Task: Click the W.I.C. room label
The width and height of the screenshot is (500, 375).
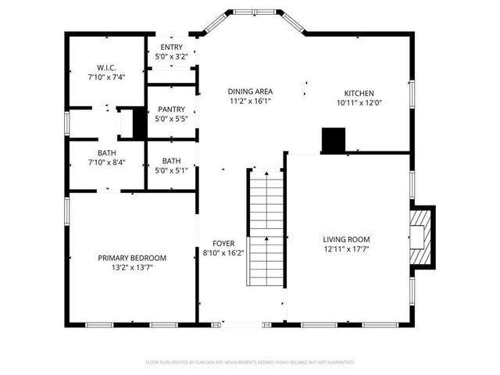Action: (x=107, y=67)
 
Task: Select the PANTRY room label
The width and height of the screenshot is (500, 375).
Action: (x=171, y=109)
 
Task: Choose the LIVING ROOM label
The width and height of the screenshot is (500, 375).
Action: (x=346, y=240)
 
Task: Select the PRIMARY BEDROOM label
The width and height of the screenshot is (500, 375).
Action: (x=132, y=258)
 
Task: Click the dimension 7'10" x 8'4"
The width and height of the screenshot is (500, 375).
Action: (x=107, y=162)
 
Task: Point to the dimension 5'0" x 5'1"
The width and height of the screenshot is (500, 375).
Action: (x=171, y=170)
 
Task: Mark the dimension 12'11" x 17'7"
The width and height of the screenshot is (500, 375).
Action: (x=346, y=250)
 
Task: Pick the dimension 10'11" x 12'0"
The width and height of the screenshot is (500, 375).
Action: (x=359, y=102)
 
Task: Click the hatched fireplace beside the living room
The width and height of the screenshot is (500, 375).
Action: (x=422, y=235)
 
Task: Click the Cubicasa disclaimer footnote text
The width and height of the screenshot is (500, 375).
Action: (x=250, y=362)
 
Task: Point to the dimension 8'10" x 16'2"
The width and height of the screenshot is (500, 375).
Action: (x=224, y=252)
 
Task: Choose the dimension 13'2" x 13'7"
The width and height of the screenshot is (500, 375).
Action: (x=132, y=267)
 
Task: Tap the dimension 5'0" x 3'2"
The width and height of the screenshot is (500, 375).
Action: (x=171, y=57)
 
